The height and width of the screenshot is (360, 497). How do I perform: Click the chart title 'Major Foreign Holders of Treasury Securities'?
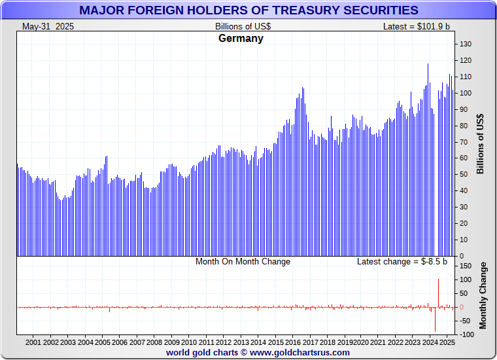[x=248, y=10]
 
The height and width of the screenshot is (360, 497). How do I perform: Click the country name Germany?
[x=241, y=38]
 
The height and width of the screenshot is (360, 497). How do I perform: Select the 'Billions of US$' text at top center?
[x=243, y=26]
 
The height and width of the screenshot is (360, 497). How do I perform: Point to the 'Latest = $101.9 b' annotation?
[x=417, y=26]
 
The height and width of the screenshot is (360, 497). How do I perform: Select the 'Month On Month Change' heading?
[x=243, y=262]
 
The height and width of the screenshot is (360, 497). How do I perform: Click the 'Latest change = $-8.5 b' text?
[x=402, y=262]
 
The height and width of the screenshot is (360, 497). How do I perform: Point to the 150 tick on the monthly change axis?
[x=466, y=266]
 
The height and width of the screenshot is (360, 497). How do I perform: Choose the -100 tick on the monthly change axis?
[x=466, y=334]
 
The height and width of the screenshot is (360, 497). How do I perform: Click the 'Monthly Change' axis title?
[x=483, y=295]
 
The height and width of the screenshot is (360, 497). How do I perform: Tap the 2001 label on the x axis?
[x=33, y=342]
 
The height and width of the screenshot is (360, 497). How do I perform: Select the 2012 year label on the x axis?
[x=224, y=342]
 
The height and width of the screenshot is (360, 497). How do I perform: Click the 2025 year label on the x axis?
[x=447, y=342]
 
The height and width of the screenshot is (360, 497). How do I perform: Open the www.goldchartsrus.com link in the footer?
[x=300, y=352]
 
